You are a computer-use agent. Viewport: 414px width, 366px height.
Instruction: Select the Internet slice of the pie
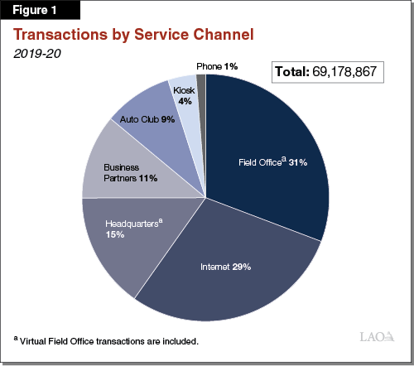(240, 273)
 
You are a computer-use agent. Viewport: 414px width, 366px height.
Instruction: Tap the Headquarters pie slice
(124, 248)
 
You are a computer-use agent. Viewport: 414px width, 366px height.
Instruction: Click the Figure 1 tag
(41, 10)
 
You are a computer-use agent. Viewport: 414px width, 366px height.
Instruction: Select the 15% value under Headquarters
(114, 235)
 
